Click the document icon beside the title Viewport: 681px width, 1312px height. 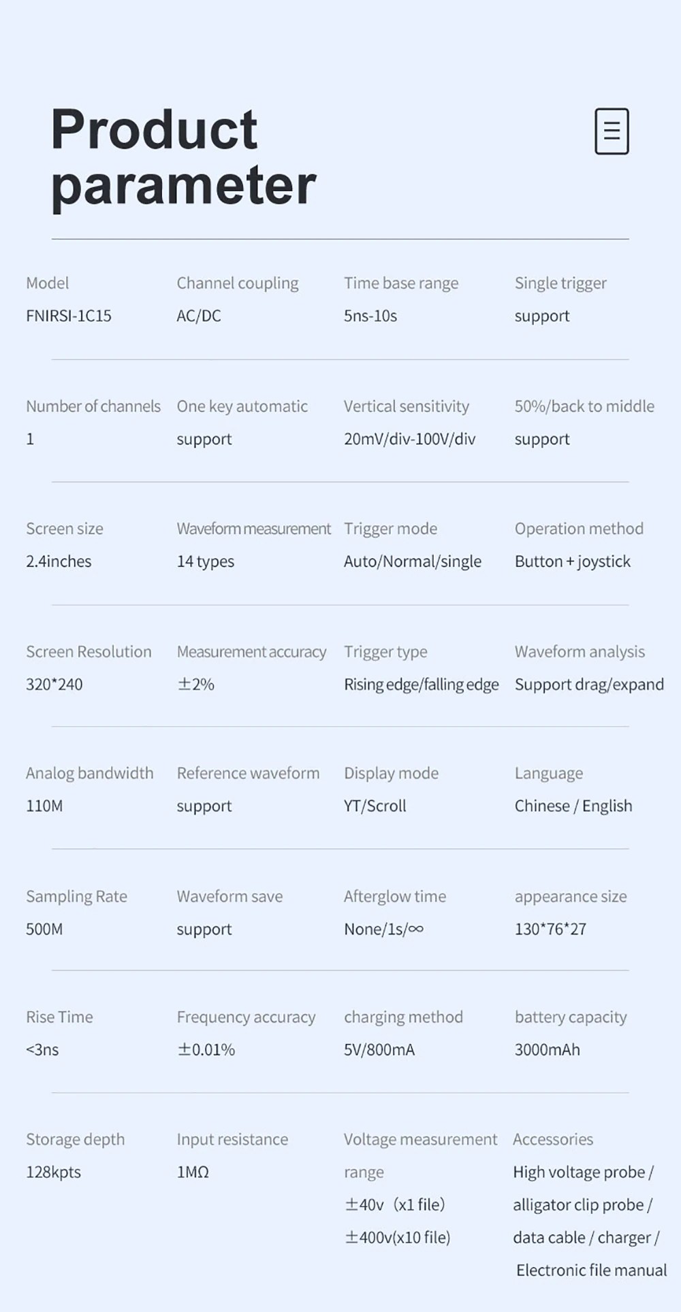pos(612,131)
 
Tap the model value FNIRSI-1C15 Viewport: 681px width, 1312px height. pos(68,316)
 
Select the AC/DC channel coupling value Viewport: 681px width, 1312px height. pos(199,316)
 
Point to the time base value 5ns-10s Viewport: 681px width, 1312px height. pos(370,316)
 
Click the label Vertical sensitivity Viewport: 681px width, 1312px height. pos(407,406)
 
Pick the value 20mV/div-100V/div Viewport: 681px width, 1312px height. pos(409,439)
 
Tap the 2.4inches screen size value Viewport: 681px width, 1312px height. pos(59,561)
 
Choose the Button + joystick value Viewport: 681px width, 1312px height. pos(572,561)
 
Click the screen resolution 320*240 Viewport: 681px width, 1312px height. pos(54,685)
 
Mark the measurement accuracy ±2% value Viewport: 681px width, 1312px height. pos(195,685)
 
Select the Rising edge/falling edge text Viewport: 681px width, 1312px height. pos(421,685)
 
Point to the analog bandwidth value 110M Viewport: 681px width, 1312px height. pos(44,806)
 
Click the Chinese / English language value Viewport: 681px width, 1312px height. pos(573,806)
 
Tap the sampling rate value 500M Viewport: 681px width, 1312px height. pos(44,929)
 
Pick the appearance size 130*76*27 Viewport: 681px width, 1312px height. pos(550,929)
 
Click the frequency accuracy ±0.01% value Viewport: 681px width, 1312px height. pos(206,1049)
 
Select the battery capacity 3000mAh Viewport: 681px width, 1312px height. pos(548,1049)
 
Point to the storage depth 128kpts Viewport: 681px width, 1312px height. pos(53,1172)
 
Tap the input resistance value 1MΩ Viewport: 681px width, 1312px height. pos(193,1172)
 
